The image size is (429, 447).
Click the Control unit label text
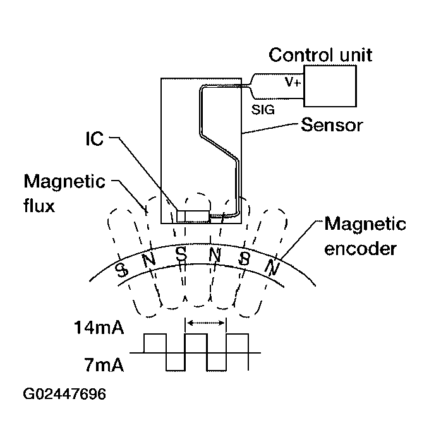(x=320, y=54)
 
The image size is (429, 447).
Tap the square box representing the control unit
(x=330, y=86)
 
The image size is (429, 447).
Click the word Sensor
(x=332, y=124)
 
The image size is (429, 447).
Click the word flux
(x=39, y=206)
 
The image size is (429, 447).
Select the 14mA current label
(x=99, y=328)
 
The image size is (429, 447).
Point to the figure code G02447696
(x=64, y=395)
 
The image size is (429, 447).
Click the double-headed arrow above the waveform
(x=205, y=323)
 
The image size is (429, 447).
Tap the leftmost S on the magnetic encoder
(x=121, y=270)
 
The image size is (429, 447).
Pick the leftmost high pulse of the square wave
(x=155, y=343)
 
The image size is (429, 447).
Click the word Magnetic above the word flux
(x=64, y=182)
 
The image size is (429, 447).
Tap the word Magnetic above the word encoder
(x=365, y=224)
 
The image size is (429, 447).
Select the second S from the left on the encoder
(x=181, y=255)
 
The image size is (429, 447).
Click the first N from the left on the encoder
(x=149, y=260)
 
